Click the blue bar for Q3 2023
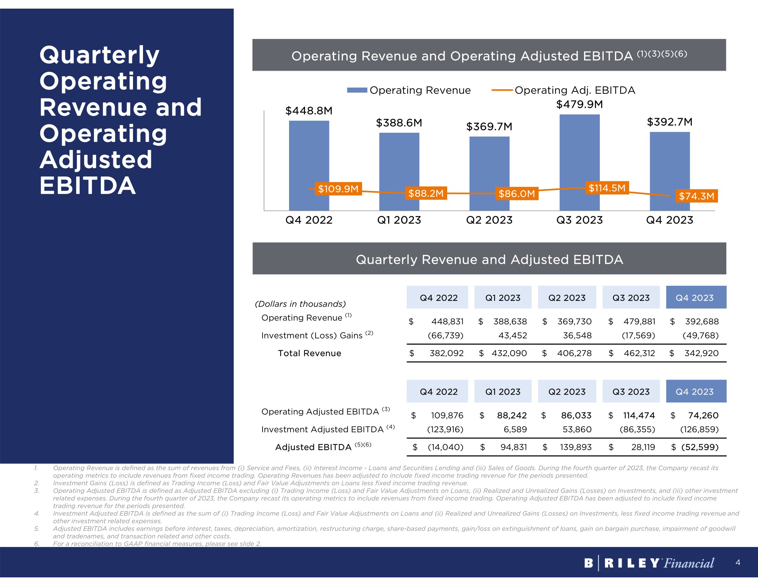pos(579,153)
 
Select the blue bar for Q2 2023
pos(489,163)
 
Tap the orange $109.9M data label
pos(338,189)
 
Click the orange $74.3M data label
pos(696,196)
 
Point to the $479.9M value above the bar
pos(579,104)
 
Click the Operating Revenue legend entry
pos(409,90)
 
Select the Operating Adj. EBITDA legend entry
pos(563,90)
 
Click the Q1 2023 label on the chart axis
pos(399,220)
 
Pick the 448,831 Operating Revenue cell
pos(447,322)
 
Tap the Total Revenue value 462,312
pos(639,353)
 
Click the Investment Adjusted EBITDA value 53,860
pos(577,430)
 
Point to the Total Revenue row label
pos(309,353)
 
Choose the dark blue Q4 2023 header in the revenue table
pos(696,297)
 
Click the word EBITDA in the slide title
pos(88,186)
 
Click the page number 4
pos(738,563)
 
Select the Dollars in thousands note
pos(300,304)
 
